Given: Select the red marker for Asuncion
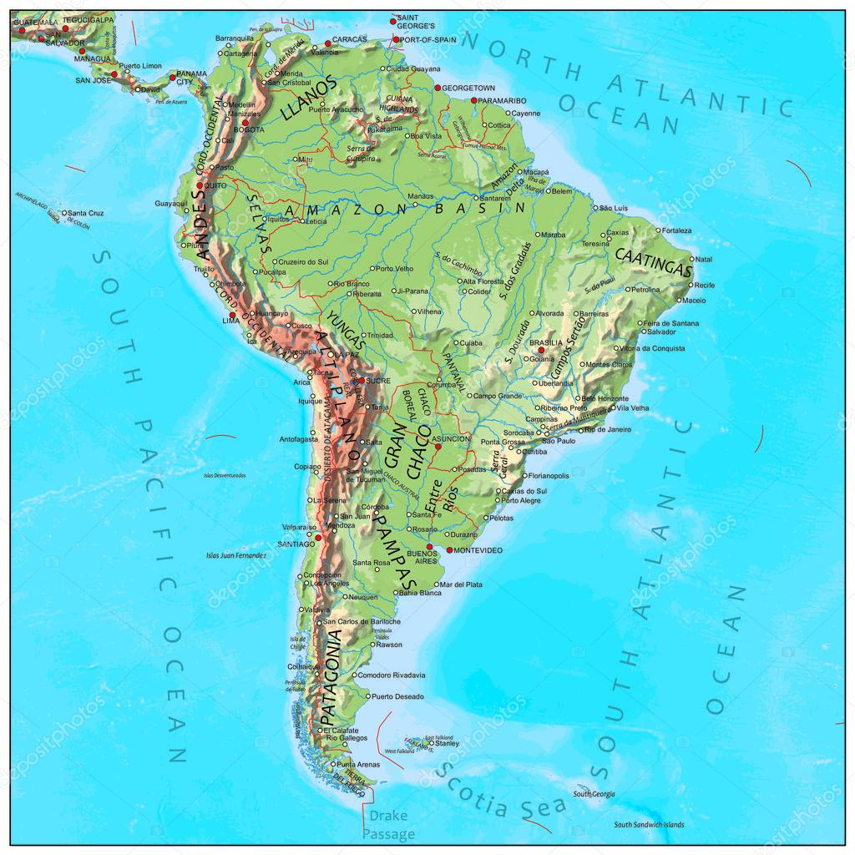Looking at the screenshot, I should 438,448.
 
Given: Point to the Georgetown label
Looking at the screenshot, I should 468,88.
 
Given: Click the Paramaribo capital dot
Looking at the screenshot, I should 474,101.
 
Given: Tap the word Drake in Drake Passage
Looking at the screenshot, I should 387,816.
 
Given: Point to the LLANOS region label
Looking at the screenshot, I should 310,99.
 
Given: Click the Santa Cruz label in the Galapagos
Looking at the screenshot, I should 85,213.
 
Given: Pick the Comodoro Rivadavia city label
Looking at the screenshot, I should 392,675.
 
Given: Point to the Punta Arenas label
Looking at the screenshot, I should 360,764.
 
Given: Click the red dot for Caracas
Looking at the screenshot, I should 327,43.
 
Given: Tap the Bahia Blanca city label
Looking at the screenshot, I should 421,593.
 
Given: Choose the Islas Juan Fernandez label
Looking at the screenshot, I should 236,554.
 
